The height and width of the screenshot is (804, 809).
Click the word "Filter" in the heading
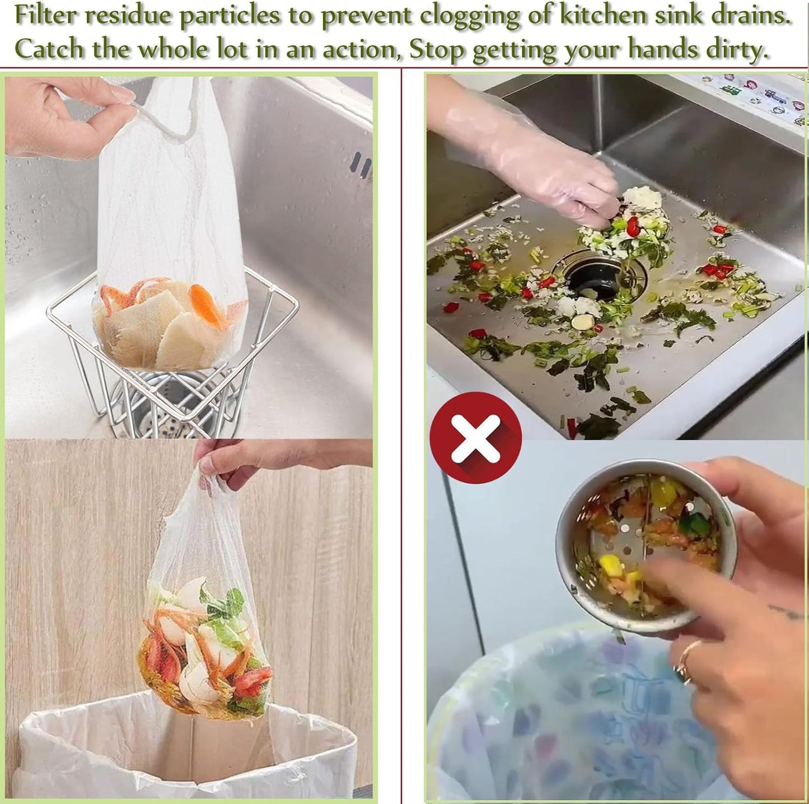(x=46, y=16)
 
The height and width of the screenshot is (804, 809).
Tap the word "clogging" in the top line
(x=469, y=16)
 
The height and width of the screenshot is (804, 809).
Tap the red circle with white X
(x=475, y=438)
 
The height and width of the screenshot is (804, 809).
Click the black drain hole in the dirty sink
(x=593, y=278)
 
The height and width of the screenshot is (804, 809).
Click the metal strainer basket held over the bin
(x=644, y=543)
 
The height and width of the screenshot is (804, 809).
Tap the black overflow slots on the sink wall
(x=361, y=166)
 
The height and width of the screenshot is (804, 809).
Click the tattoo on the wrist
(x=787, y=613)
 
